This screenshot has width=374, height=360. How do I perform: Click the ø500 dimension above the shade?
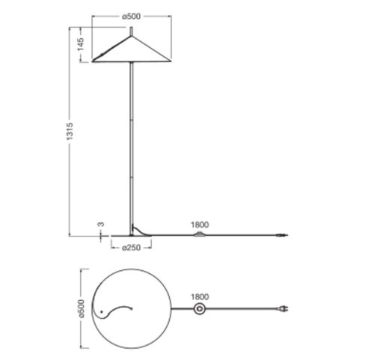[131, 16]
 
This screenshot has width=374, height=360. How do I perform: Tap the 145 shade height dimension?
[81, 44]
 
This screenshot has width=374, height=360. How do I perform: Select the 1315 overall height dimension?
[70, 131]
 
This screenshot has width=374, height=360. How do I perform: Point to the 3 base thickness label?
[101, 225]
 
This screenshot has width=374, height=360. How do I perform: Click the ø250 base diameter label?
[131, 248]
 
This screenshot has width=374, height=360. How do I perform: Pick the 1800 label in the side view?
[200, 225]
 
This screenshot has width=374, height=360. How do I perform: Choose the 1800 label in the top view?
[200, 297]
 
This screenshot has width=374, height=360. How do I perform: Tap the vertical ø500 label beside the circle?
[82, 308]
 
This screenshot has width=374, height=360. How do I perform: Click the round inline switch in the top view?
[200, 309]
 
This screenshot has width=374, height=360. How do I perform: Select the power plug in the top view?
[283, 309]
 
